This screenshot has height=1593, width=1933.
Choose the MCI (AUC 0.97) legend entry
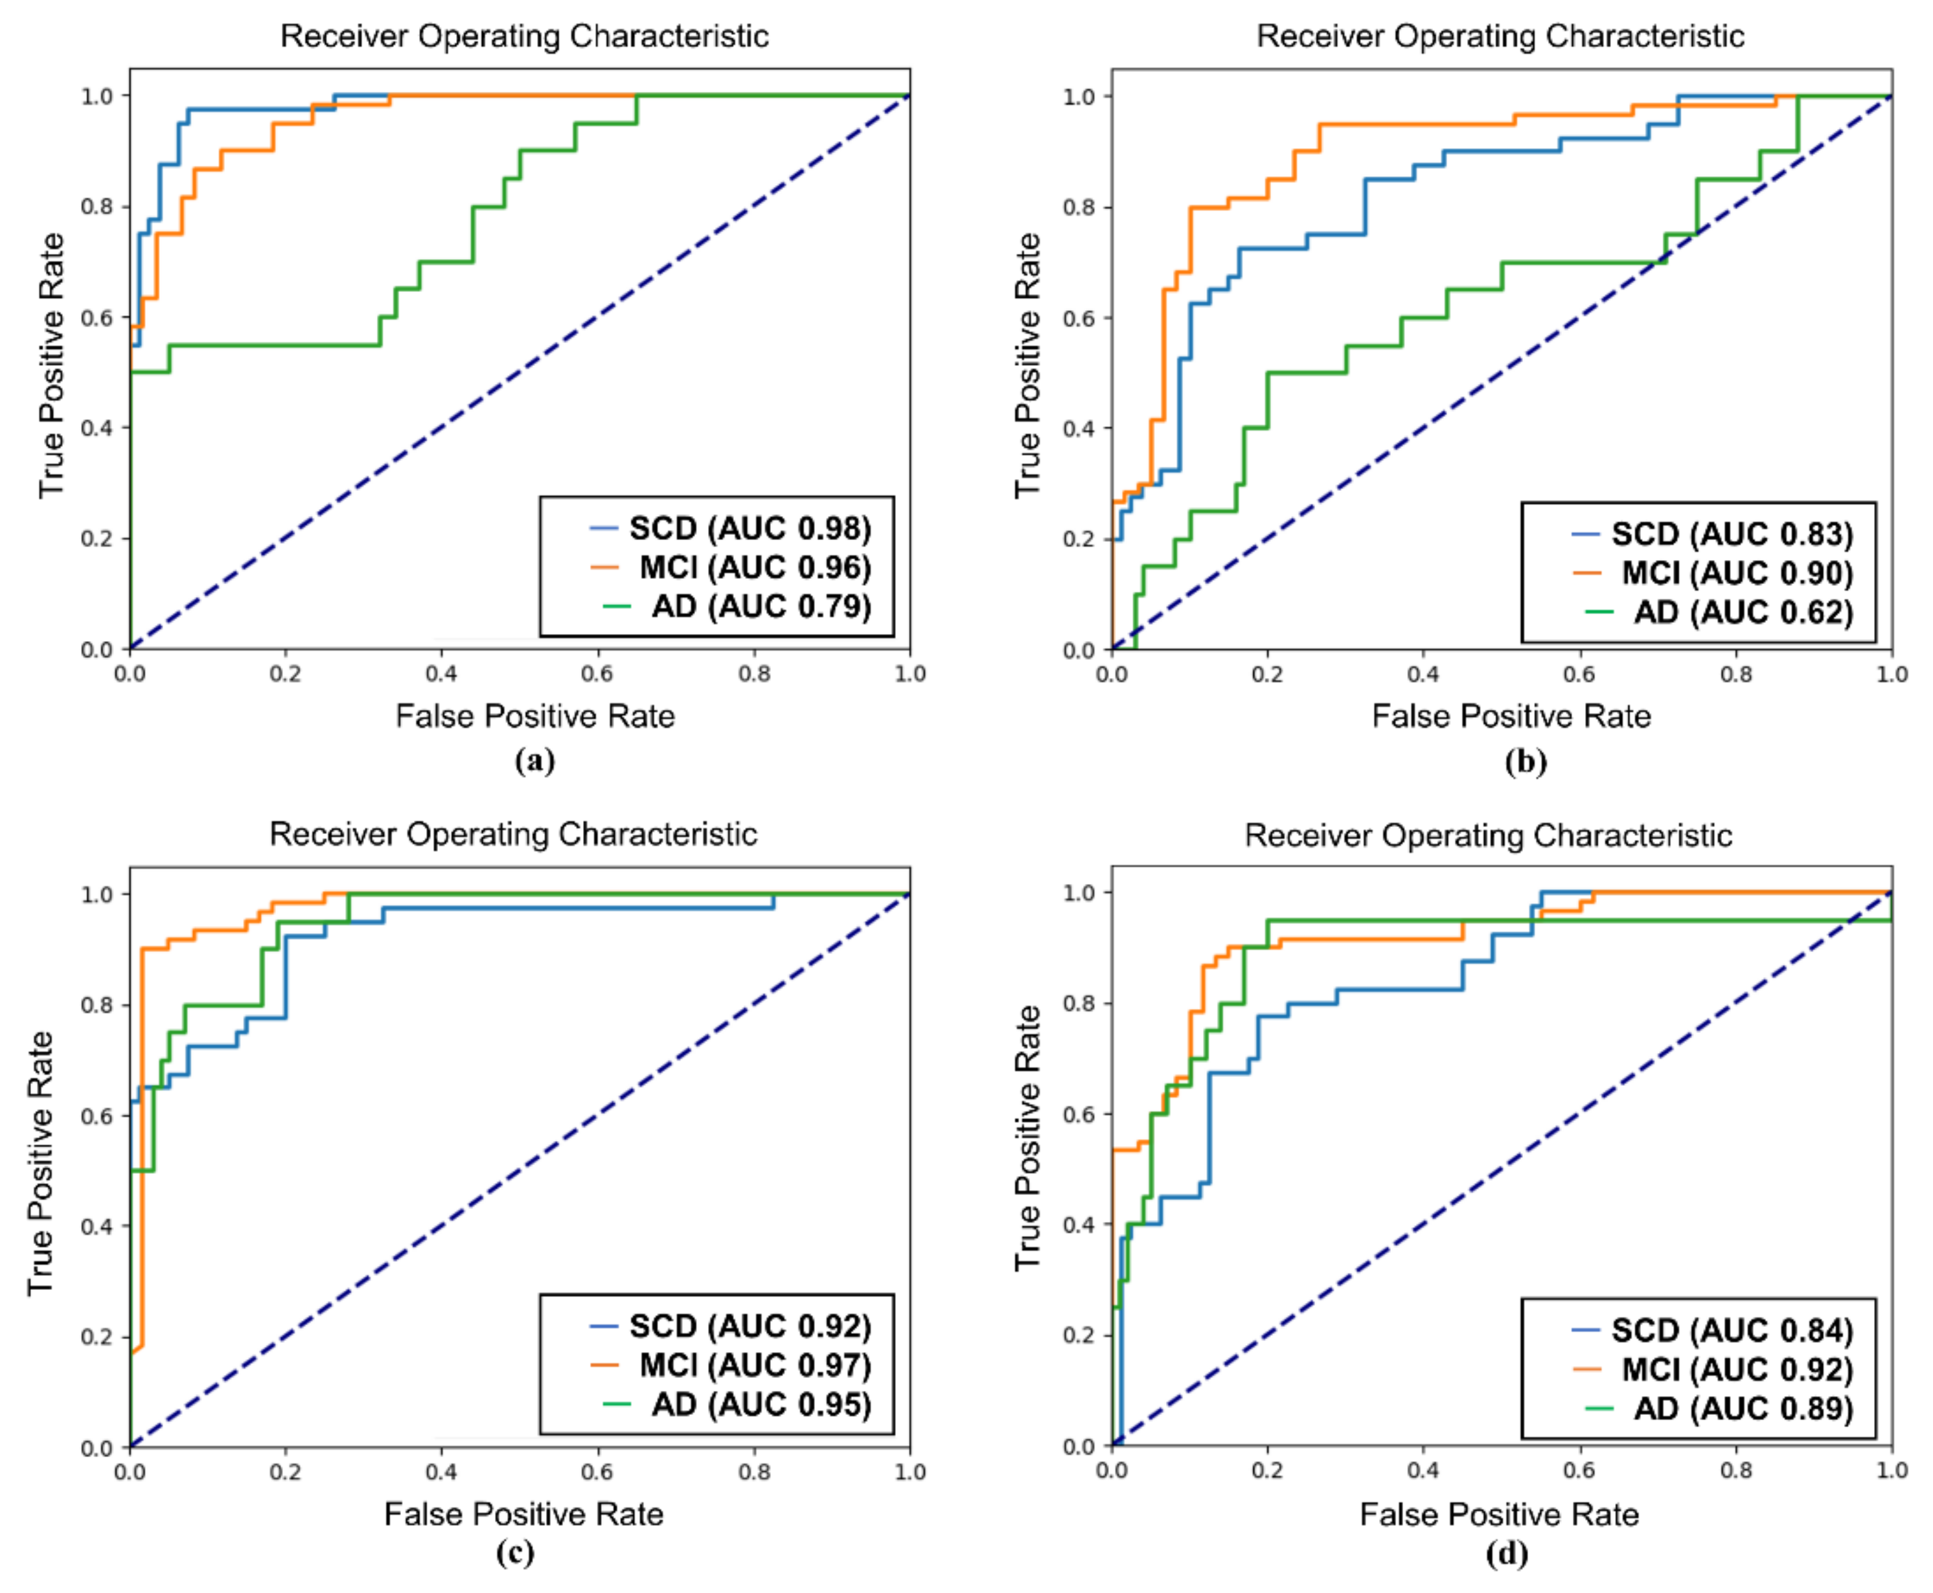coord(731,1366)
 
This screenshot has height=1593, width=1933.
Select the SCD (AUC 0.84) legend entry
coord(1713,1331)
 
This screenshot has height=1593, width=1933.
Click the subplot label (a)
coord(535,761)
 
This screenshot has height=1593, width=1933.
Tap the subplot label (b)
coord(1526,761)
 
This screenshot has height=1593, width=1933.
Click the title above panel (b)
coord(1500,36)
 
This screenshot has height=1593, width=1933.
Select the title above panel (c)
coord(513,834)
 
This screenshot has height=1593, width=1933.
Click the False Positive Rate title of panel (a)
coord(535,716)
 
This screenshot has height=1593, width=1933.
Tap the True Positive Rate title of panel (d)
coord(1027,1138)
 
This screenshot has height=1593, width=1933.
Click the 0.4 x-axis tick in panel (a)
coord(442,673)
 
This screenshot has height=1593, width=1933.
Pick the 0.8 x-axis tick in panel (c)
coord(755,1472)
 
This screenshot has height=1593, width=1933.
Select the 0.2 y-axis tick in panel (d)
coord(1079,1335)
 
